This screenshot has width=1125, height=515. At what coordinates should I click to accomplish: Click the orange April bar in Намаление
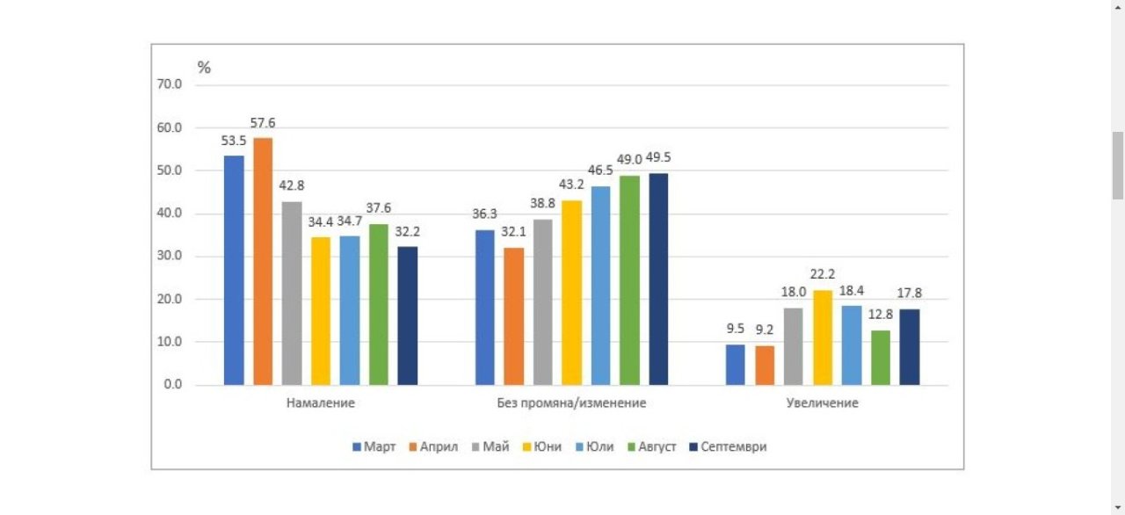[263, 261]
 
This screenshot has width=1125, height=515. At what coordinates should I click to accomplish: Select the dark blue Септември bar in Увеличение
[910, 347]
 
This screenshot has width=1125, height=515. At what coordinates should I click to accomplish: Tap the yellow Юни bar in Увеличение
[823, 337]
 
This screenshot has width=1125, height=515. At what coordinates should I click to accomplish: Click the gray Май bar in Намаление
[292, 293]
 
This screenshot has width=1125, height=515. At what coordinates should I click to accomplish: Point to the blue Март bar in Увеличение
[736, 365]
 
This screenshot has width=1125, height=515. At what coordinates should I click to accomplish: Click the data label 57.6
[263, 123]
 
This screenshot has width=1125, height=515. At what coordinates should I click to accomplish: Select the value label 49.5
[660, 157]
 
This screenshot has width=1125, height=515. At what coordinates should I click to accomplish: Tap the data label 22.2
[823, 275]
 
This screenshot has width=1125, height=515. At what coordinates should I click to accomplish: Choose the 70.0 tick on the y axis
[169, 85]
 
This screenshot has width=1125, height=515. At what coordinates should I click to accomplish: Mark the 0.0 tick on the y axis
[172, 385]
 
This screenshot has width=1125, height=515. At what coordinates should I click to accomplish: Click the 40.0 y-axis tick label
[169, 214]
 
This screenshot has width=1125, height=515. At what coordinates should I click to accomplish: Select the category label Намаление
[321, 403]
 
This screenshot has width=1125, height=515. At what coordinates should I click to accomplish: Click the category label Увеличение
[823, 403]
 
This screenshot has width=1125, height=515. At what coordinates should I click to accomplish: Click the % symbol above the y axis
[204, 68]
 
